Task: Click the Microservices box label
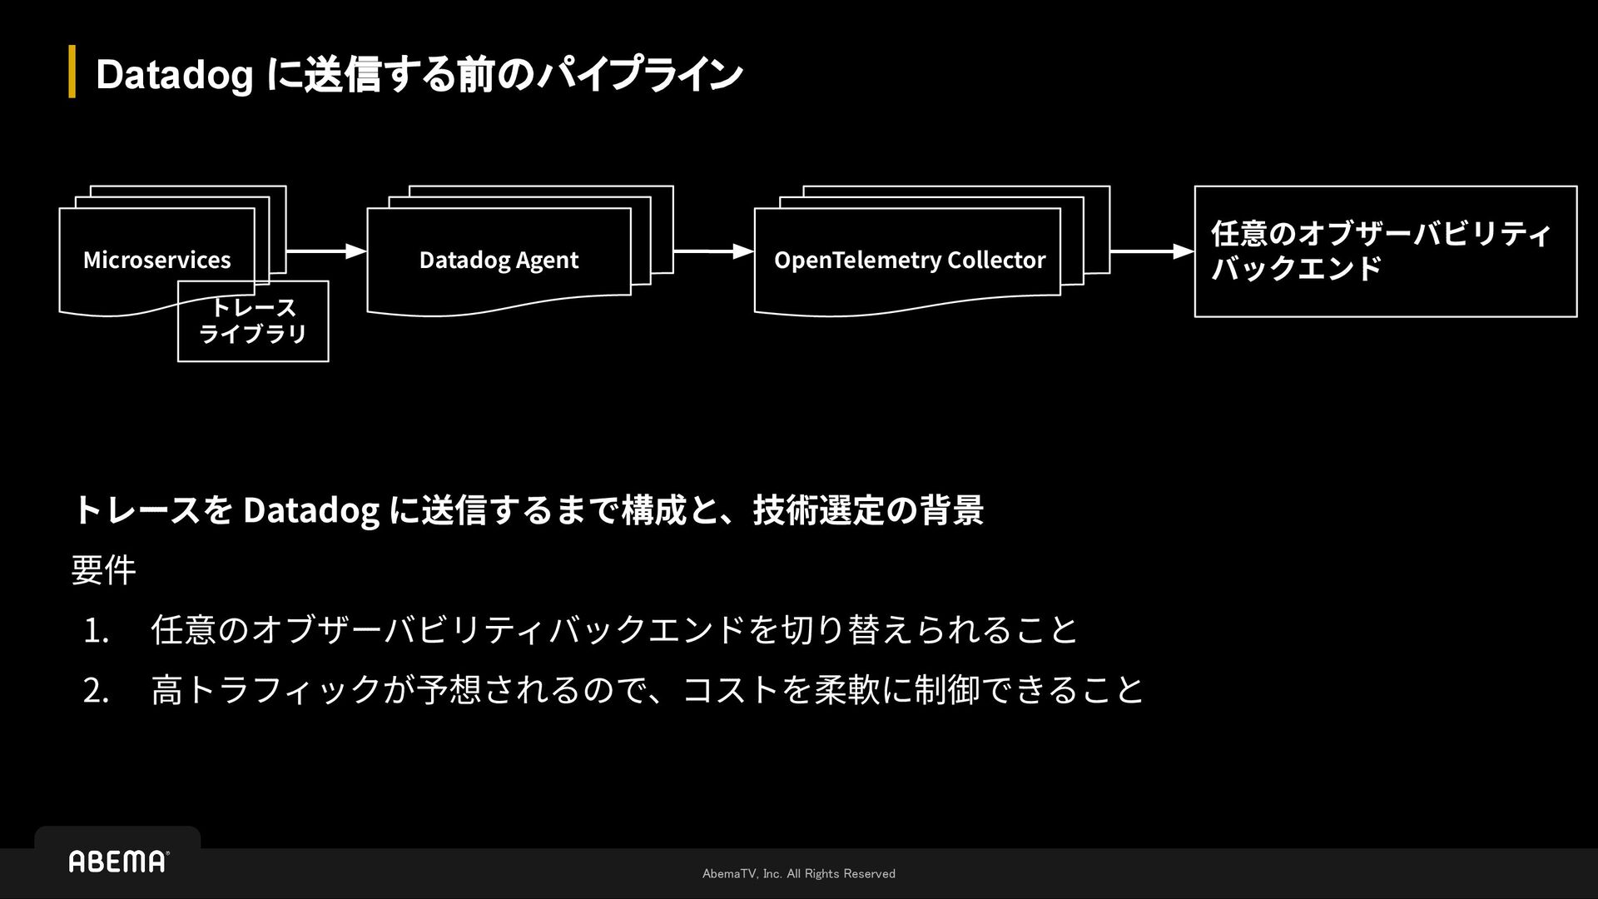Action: click(x=156, y=260)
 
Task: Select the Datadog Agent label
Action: click(x=499, y=260)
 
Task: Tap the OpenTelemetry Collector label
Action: click(x=909, y=260)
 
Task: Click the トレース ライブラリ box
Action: click(x=253, y=321)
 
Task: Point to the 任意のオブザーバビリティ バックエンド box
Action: click(x=1385, y=251)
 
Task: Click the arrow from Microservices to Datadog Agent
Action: click(x=326, y=251)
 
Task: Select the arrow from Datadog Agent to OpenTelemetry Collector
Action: click(x=713, y=251)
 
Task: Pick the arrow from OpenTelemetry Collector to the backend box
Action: click(x=1152, y=251)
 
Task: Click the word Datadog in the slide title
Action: click(x=174, y=75)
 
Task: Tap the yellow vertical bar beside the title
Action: click(x=72, y=72)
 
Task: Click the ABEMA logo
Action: click(x=118, y=862)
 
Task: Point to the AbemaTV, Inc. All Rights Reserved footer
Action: click(x=798, y=873)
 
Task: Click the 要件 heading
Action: click(x=103, y=570)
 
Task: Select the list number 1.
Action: click(x=96, y=630)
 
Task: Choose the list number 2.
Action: click(x=96, y=690)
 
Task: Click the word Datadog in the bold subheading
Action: click(x=310, y=510)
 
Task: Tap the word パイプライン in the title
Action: click(x=639, y=75)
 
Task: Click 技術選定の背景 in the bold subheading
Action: click(x=868, y=510)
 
